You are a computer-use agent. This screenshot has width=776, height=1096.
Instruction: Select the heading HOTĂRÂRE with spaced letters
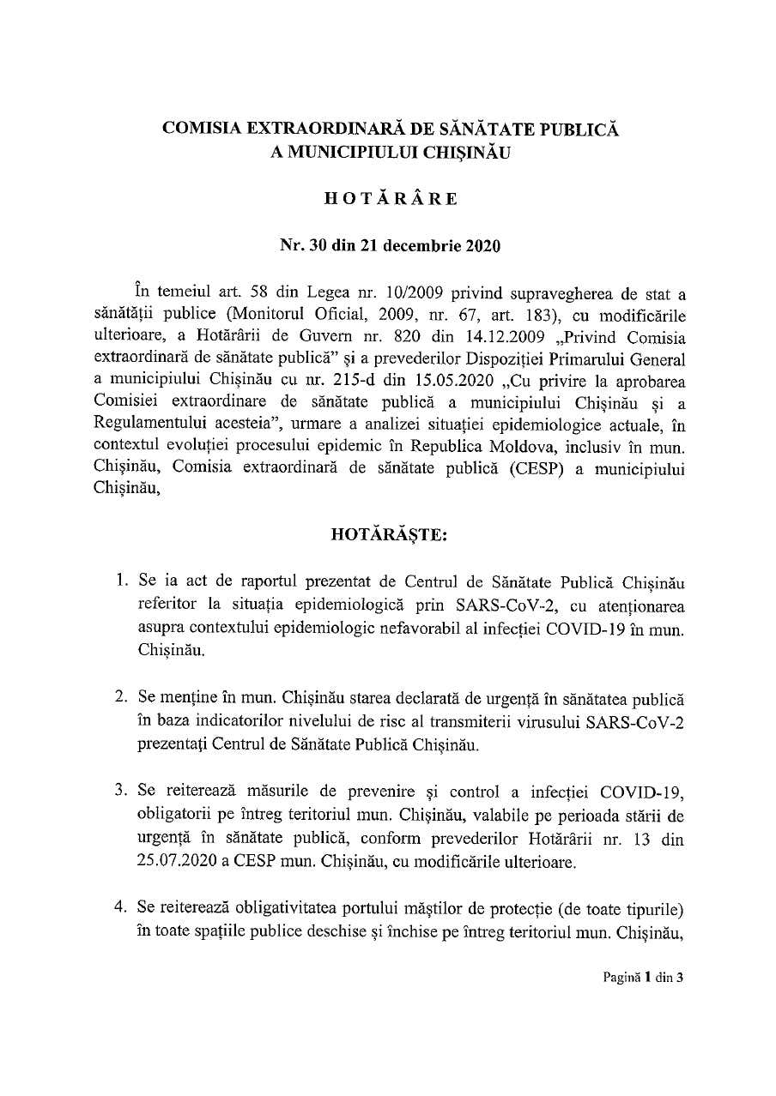391,198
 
